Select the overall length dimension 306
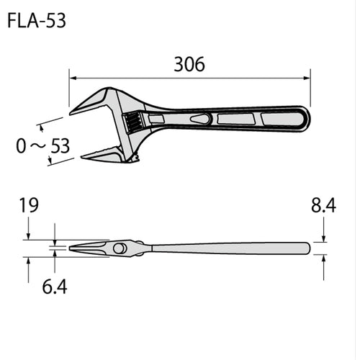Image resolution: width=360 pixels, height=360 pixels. [189, 64]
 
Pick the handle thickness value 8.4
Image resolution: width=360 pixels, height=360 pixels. [324, 209]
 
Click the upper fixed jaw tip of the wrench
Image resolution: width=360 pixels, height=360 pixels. [76, 110]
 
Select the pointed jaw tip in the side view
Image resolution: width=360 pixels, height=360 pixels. [71, 248]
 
